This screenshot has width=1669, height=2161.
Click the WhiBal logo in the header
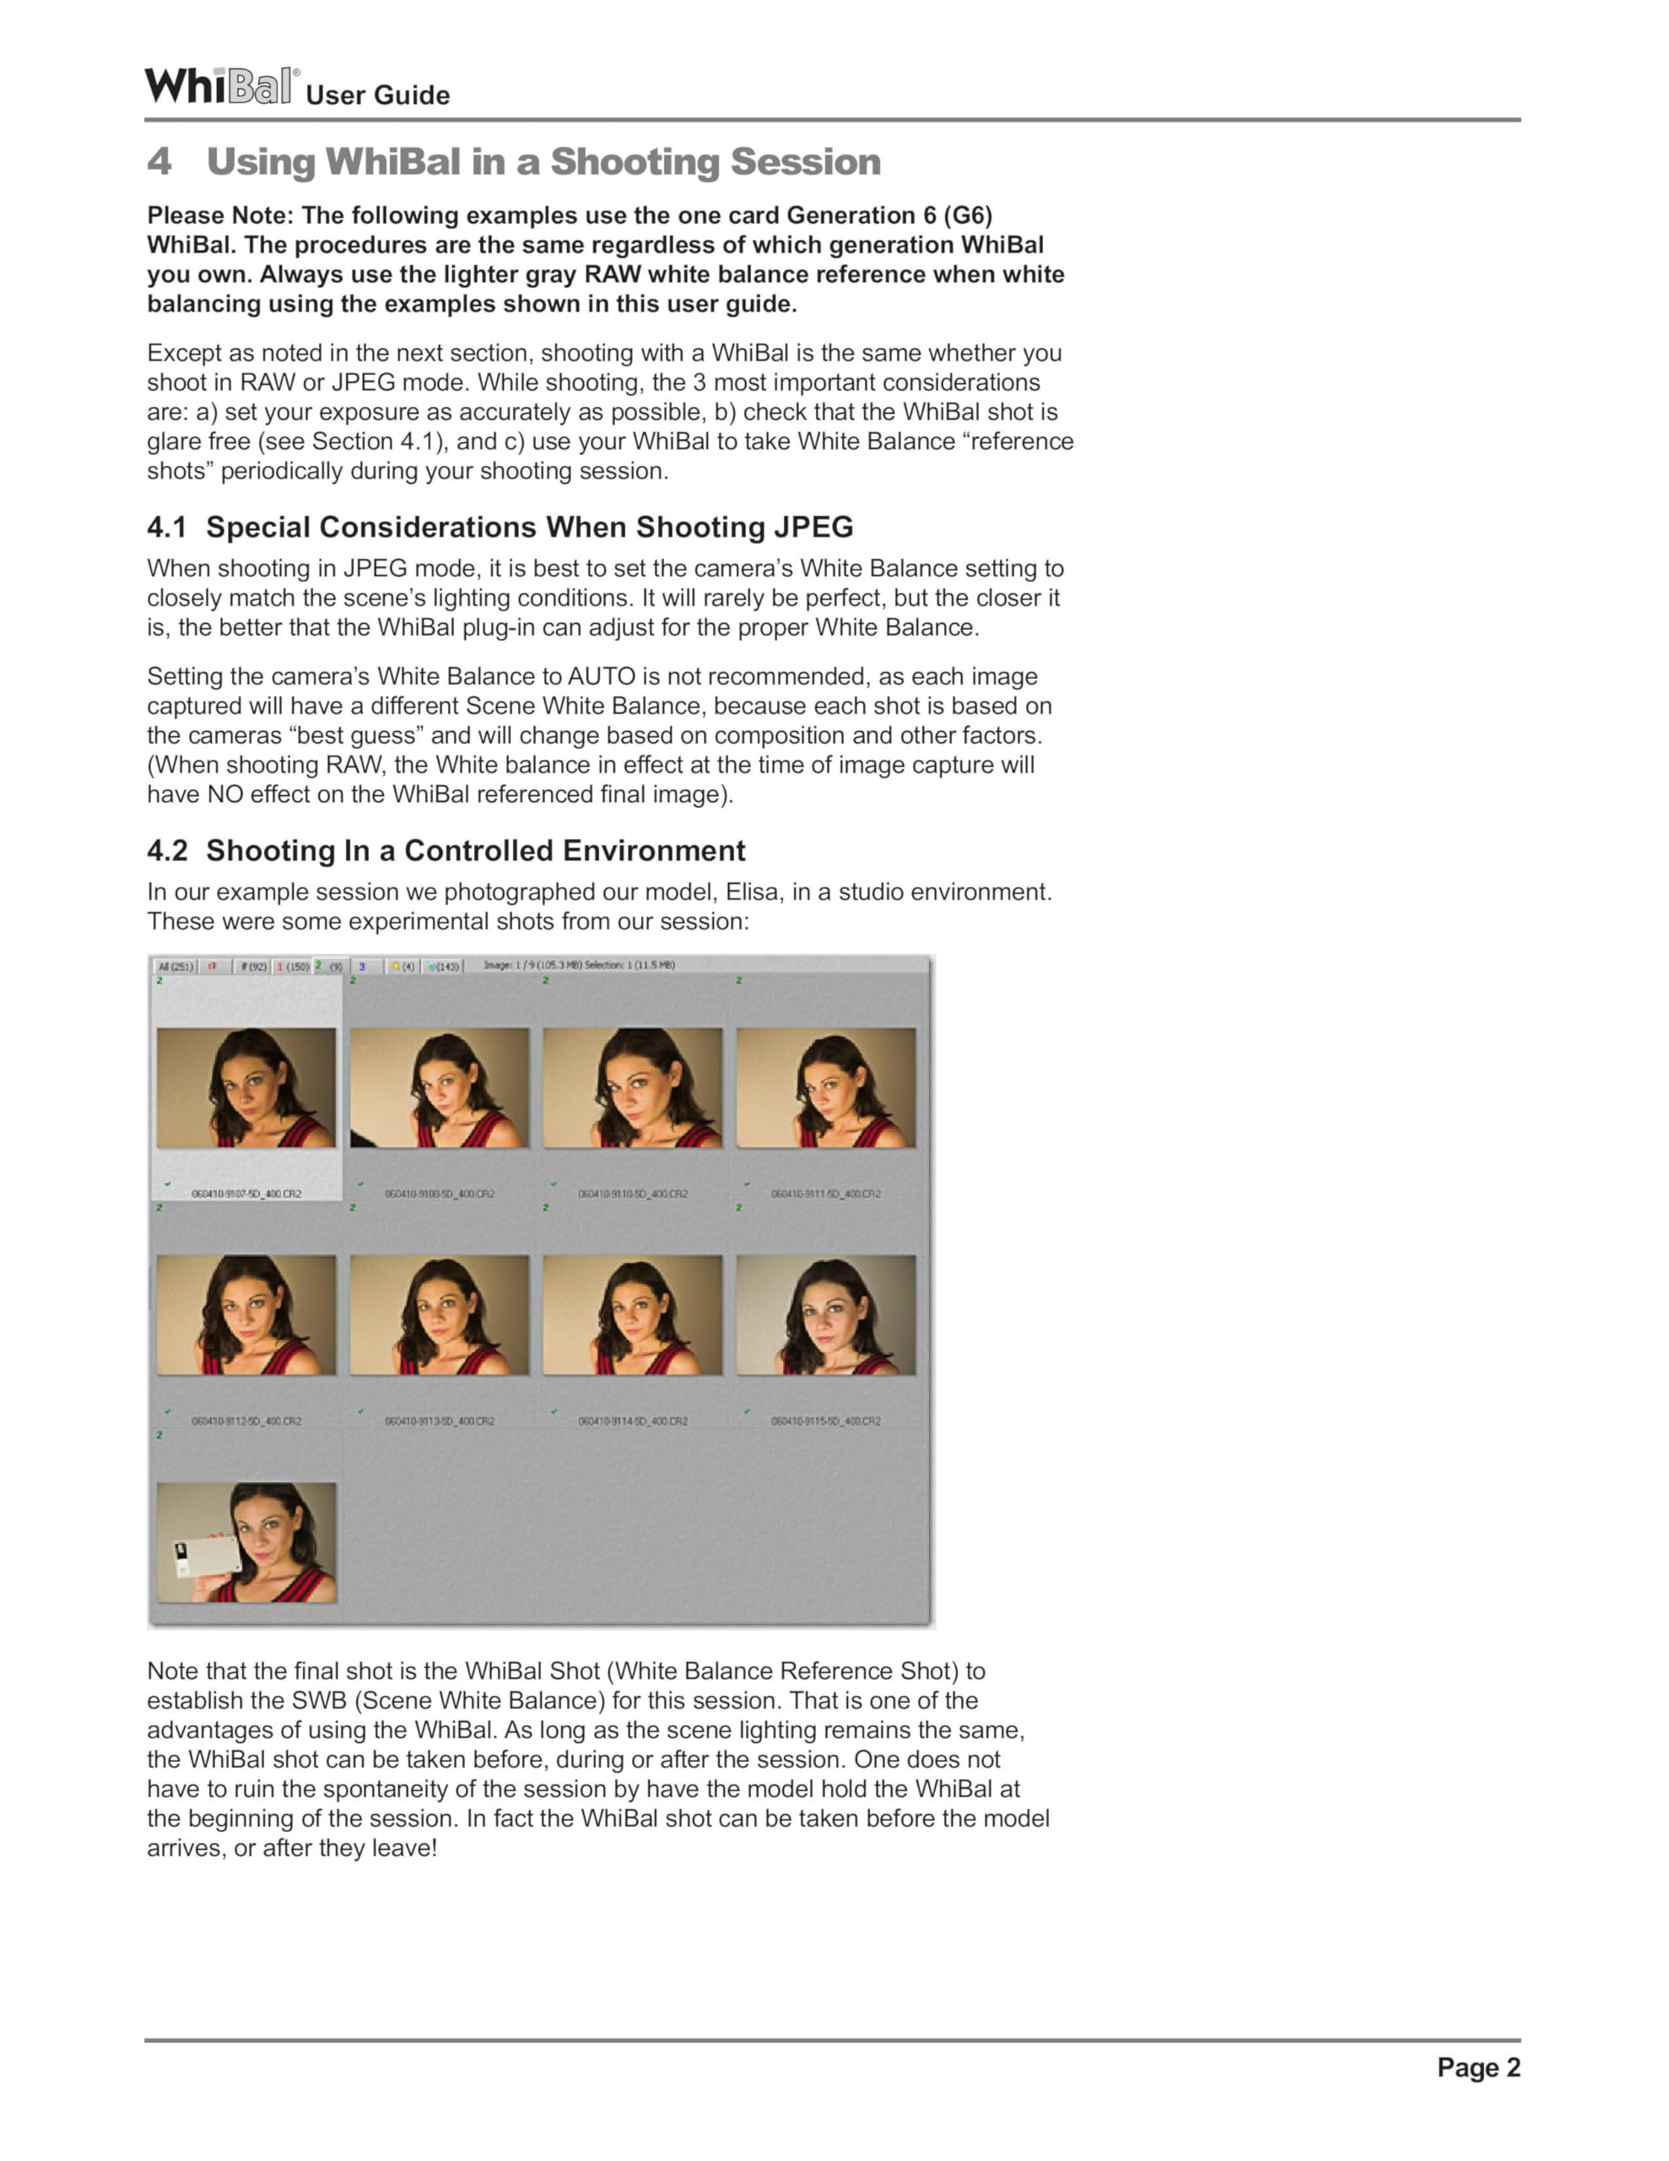tap(220, 86)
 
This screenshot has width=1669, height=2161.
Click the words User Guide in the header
tap(377, 95)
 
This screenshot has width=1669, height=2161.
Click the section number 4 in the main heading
tap(159, 161)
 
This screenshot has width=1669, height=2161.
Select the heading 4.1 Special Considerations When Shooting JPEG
tap(500, 527)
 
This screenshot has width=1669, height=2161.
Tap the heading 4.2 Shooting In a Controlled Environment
tap(446, 850)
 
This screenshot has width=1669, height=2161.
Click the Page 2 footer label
tap(1478, 2067)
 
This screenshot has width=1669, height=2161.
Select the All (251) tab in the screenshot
tap(176, 966)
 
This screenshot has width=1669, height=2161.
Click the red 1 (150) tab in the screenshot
tap(293, 966)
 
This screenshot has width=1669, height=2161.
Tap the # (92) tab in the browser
tap(253, 966)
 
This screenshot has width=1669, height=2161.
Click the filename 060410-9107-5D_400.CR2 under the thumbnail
tap(246, 1194)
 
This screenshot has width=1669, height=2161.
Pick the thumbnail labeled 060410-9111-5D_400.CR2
tap(826, 1087)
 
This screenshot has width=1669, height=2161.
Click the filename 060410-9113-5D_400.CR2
tap(440, 1421)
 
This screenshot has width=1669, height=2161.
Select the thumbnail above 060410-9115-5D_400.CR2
tap(826, 1315)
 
